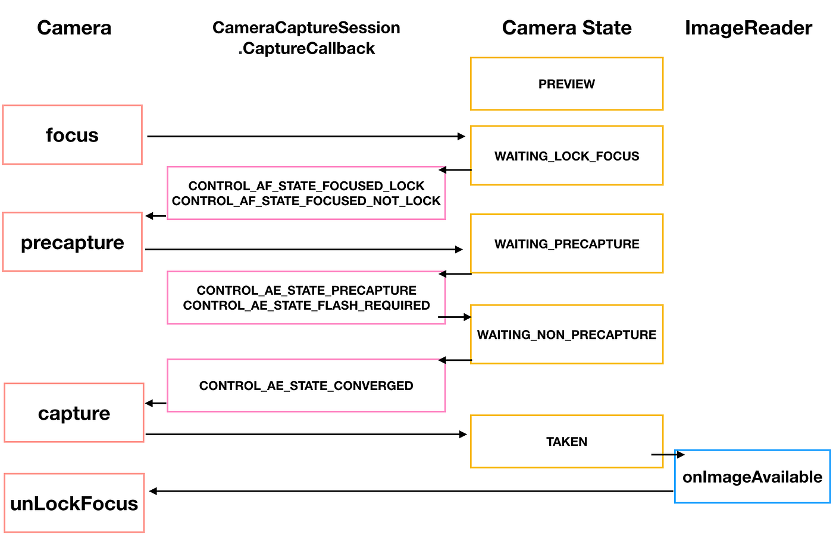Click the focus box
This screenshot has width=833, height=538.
click(72, 135)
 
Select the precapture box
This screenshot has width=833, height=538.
click(72, 242)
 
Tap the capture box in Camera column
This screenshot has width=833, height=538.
click(74, 413)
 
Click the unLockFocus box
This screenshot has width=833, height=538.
click(74, 503)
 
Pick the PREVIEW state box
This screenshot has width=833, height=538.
click(566, 84)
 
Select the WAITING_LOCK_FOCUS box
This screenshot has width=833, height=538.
click(566, 156)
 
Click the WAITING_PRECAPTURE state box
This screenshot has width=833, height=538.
click(566, 244)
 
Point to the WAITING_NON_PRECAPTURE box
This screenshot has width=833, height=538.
click(566, 335)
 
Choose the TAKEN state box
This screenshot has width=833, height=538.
click(566, 441)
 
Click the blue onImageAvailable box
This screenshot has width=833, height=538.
click(752, 477)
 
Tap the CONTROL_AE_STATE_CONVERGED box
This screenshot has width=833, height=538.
click(306, 385)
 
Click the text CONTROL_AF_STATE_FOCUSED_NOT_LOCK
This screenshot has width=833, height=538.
click(306, 201)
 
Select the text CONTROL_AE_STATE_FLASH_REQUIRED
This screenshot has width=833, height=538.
click(306, 306)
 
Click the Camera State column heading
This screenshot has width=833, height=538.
click(566, 28)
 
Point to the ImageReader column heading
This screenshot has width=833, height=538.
click(748, 28)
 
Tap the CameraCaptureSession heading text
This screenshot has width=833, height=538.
click(306, 28)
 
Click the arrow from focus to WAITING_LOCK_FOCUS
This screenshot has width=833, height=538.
click(306, 137)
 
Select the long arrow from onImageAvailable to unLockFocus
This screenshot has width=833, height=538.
click(411, 491)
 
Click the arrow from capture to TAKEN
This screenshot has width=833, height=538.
click(306, 435)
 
